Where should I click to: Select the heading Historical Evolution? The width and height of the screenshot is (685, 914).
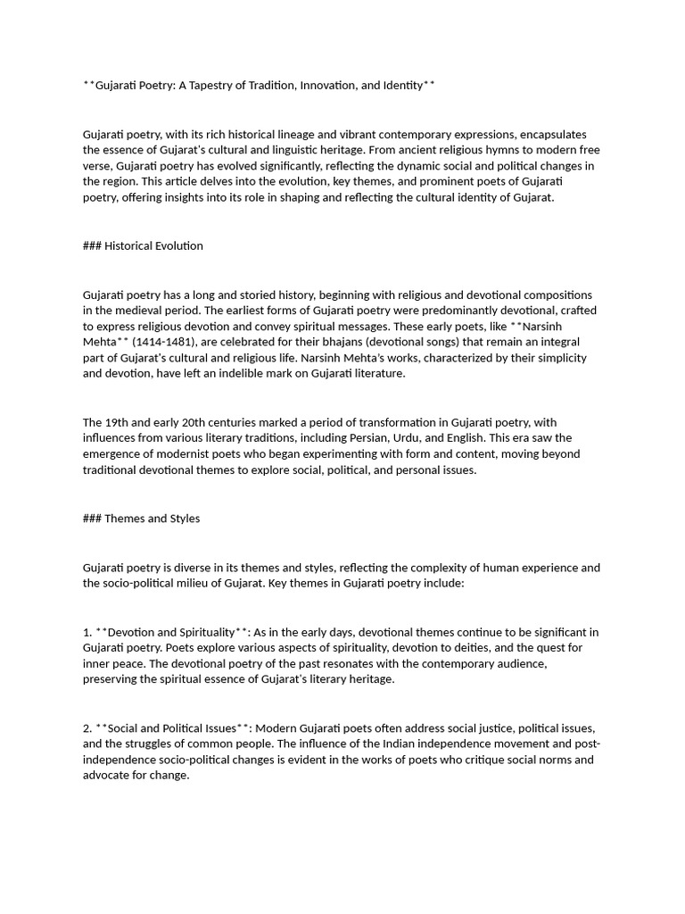(153, 245)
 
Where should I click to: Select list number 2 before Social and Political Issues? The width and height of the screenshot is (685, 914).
(87, 728)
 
